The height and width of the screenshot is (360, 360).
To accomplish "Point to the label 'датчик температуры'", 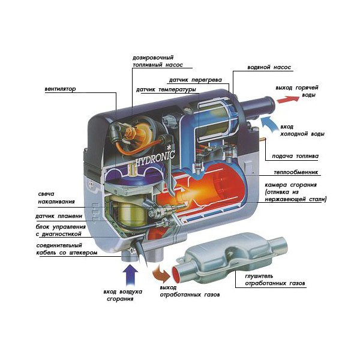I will point(166,90).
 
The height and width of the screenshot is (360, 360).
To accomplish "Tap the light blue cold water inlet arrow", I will point(271,124).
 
